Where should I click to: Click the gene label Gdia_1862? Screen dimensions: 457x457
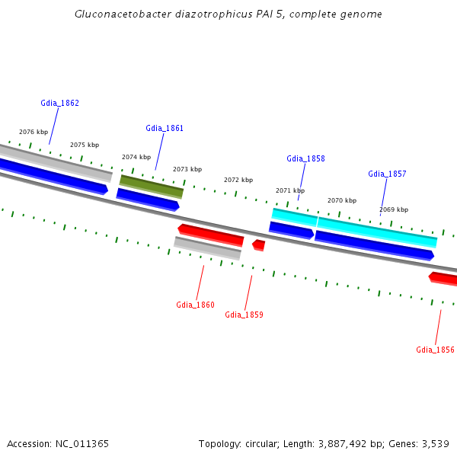[59, 103]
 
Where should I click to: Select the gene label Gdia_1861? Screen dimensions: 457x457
[165, 128]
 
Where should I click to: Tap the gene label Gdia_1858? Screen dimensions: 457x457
[305, 158]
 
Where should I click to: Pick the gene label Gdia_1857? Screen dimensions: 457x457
[387, 174]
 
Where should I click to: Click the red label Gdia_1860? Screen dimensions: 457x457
[195, 305]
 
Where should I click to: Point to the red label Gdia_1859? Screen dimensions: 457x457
[244, 315]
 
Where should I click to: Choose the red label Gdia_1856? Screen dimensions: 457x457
[435, 350]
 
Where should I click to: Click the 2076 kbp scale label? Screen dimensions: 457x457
[34, 132]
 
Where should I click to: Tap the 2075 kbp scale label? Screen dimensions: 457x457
[85, 145]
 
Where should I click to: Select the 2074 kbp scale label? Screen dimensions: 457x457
[136, 157]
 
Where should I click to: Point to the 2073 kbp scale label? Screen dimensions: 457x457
[187, 169]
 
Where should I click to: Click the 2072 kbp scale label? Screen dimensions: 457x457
[238, 180]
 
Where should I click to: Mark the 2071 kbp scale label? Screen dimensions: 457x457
[290, 190]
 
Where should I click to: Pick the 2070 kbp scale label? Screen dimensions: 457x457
[342, 200]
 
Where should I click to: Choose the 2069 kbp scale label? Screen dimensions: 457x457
[394, 209]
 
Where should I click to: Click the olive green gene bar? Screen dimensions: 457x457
[152, 186]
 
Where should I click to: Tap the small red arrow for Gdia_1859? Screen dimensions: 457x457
[259, 244]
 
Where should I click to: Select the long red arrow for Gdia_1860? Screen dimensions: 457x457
[211, 235]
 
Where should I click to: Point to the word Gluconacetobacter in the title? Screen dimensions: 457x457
[122, 14]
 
